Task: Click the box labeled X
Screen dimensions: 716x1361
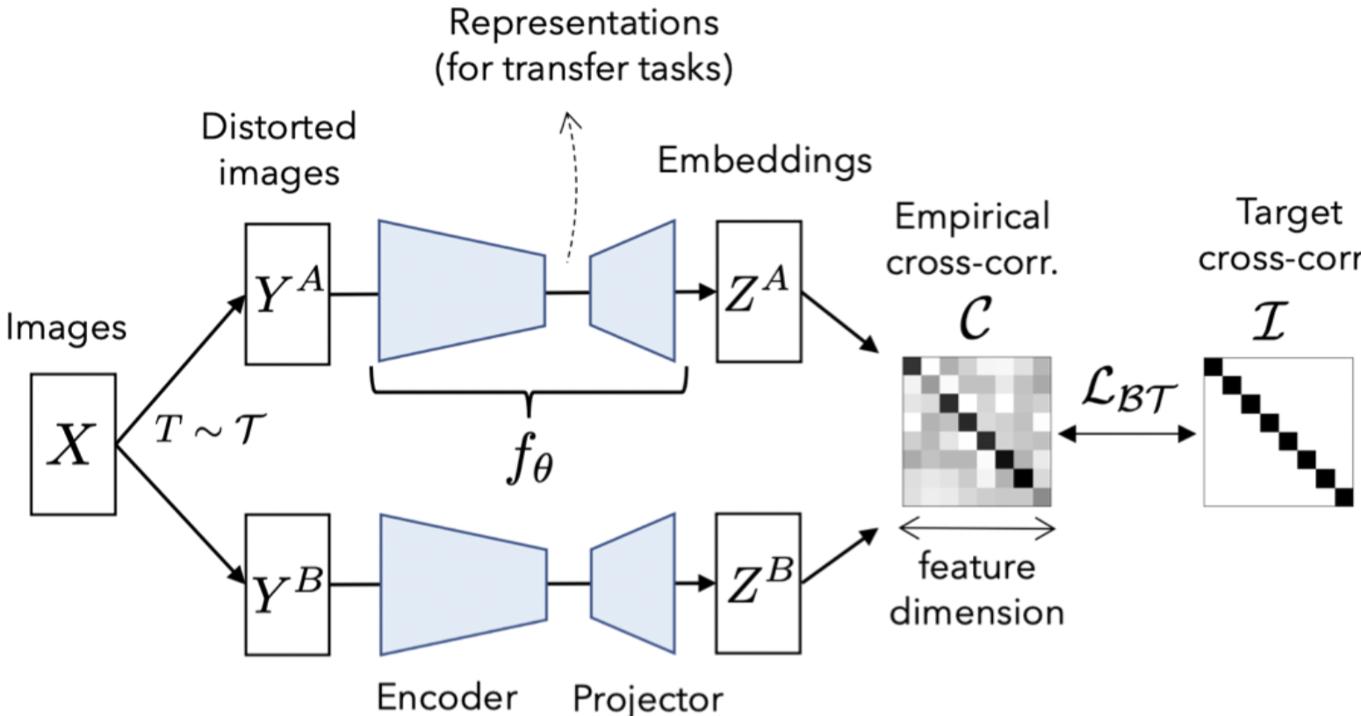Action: tap(73, 444)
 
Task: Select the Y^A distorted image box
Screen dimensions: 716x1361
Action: tap(287, 294)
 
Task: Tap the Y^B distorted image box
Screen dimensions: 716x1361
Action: tap(287, 584)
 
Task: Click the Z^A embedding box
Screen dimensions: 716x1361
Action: tap(759, 291)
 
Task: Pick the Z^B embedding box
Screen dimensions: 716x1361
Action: tap(759, 584)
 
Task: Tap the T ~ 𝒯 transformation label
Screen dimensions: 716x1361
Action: tap(210, 430)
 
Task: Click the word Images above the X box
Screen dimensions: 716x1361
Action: tap(66, 327)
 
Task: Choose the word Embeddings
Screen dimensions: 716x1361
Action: tap(765, 161)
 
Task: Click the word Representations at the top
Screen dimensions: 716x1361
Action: tap(584, 23)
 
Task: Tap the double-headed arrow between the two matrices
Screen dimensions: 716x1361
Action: tap(1127, 433)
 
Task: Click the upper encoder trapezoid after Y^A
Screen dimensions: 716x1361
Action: tap(462, 290)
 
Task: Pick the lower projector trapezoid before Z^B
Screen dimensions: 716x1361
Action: tap(633, 584)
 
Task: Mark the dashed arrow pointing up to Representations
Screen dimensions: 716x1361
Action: tap(573, 189)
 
